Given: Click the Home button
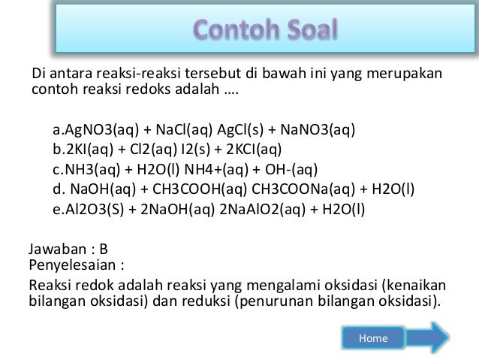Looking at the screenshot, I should (x=373, y=338).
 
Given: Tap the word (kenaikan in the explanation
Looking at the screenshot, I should (x=414, y=285).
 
